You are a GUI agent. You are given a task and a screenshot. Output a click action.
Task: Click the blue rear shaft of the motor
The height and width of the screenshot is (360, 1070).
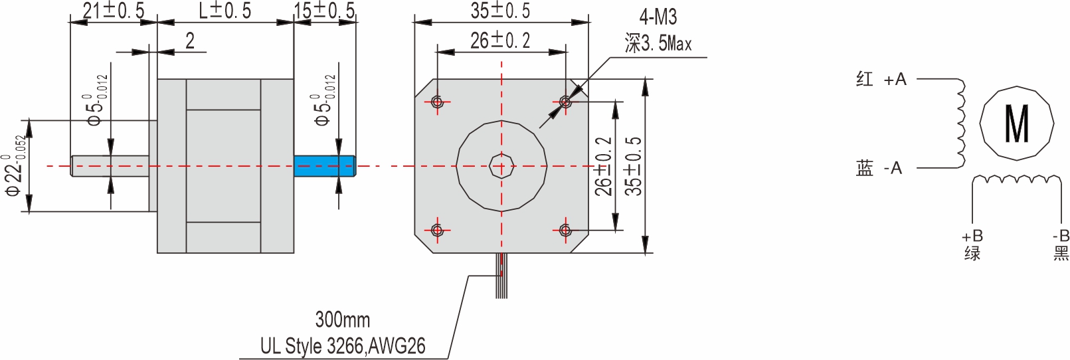(x=324, y=166)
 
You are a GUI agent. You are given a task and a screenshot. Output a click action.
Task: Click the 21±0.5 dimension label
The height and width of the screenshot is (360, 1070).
(x=113, y=11)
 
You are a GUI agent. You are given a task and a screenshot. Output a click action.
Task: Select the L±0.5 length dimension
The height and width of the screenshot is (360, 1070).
(x=225, y=11)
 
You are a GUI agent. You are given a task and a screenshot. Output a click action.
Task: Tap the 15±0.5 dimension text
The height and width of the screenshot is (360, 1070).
(x=325, y=11)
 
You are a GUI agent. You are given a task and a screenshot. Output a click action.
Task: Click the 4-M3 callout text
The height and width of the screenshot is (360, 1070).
(x=658, y=17)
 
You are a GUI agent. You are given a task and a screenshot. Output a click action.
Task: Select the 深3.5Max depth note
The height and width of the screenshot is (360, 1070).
(x=658, y=44)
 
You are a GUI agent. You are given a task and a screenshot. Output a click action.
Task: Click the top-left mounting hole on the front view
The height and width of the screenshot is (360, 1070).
(x=437, y=102)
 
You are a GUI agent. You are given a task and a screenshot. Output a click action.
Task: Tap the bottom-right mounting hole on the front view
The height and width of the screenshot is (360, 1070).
(x=565, y=230)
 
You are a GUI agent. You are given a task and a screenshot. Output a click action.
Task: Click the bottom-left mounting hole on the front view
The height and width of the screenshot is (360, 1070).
(x=437, y=230)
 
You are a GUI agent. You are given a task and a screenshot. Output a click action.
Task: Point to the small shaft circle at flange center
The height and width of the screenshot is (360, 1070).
(x=501, y=166)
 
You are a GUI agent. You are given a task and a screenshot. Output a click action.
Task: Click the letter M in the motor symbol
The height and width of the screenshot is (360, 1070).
(x=1017, y=124)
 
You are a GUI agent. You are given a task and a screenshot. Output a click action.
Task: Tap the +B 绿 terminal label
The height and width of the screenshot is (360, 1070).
(x=972, y=245)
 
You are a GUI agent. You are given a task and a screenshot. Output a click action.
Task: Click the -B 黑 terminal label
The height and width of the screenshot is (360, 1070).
(x=1061, y=245)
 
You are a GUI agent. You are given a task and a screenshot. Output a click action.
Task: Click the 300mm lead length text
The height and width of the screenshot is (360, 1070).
(x=342, y=319)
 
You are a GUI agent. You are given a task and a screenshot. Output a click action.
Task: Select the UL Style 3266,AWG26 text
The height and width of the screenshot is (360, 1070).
(x=343, y=346)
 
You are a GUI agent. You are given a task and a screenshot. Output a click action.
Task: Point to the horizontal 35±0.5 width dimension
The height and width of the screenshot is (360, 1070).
(x=501, y=11)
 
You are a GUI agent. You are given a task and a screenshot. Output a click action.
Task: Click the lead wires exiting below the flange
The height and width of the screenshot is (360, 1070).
(x=501, y=276)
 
